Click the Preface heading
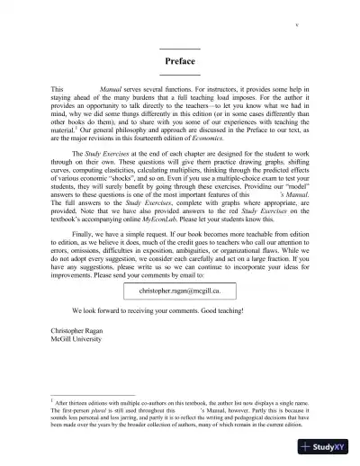pyautogui.click(x=180, y=61)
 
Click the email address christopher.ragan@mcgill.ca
pyautogui.click(x=180, y=292)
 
